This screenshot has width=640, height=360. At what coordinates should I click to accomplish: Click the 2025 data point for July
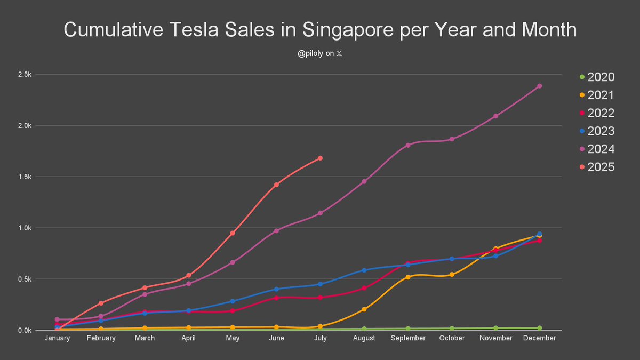tap(320, 158)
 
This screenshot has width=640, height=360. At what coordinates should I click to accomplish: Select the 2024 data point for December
tap(539, 86)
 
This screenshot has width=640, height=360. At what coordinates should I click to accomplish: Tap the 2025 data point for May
tap(233, 233)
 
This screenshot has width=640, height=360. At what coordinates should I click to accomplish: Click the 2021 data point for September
tap(408, 277)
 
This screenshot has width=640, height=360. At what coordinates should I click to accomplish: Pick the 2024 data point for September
tap(408, 145)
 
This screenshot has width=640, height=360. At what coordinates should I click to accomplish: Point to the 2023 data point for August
tap(364, 270)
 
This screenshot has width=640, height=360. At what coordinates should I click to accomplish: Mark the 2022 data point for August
tap(364, 288)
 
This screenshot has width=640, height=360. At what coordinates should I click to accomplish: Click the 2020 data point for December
tap(539, 328)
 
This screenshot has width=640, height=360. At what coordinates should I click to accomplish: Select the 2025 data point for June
tap(276, 185)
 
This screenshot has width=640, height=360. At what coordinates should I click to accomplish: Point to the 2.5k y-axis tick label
tap(25, 75)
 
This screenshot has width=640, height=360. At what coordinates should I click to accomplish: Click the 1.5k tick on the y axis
tap(25, 177)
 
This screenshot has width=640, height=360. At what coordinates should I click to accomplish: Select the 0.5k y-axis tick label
tap(25, 279)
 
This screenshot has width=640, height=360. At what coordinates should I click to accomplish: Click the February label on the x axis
tap(101, 338)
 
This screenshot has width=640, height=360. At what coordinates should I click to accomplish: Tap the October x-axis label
tap(452, 338)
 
